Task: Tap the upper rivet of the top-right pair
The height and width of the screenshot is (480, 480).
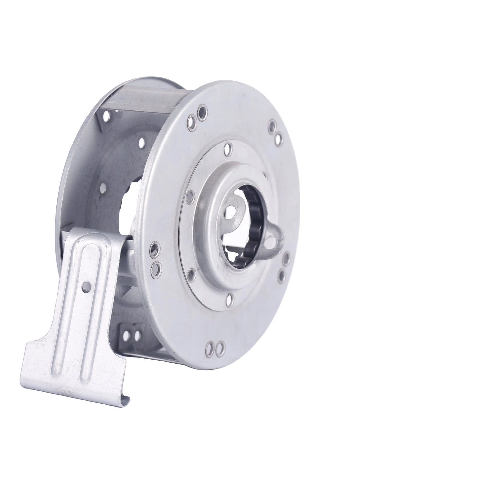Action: [273, 126]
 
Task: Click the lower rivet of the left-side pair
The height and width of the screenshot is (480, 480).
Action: [155, 266]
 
